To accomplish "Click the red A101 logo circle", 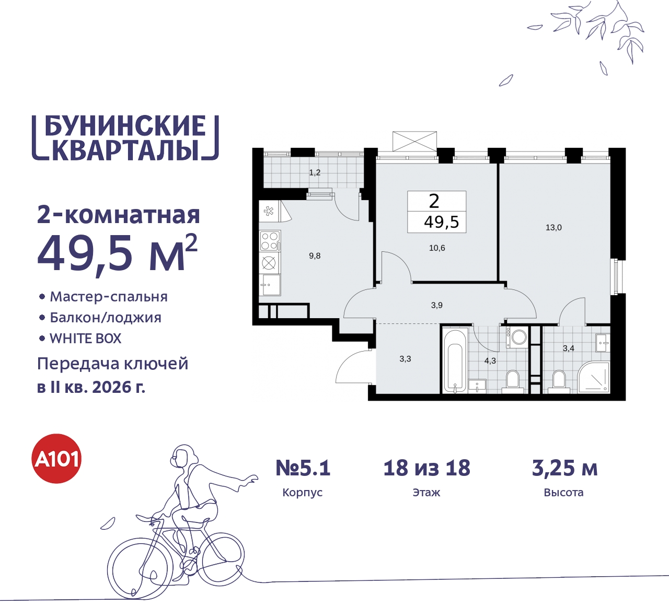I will coord(57,459).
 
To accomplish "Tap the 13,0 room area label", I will coord(553,228).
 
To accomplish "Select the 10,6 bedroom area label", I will coord(437,248).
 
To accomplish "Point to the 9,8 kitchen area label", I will coord(315,256).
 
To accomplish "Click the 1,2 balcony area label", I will coord(315,173).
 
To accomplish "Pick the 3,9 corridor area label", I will coord(437,305).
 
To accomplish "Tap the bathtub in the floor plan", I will coord(455,360).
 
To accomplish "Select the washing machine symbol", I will coord(518,337).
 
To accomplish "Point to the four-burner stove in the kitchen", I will coord(270,241).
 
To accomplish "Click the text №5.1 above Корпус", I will coord(303,468).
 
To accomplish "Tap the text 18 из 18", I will coord(426,468).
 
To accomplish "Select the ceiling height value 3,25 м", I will coord(564,468).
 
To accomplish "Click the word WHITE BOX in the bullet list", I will coord(86,339).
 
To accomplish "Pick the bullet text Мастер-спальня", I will coord(109,297).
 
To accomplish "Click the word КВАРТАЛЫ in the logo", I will coord(125,150).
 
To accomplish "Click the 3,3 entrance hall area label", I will coord(405,359).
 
